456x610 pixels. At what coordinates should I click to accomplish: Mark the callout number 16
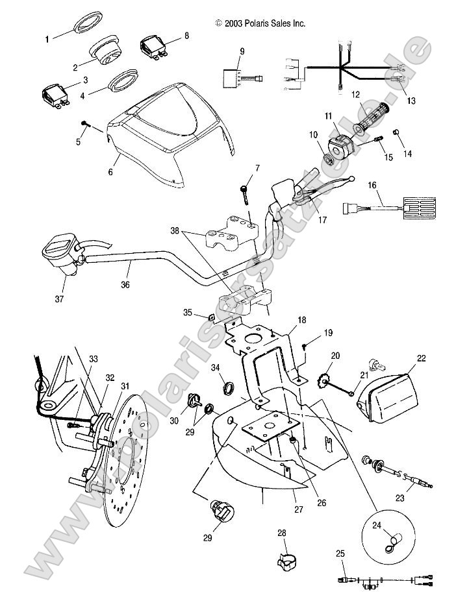click(372, 185)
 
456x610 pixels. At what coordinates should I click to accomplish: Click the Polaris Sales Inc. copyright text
click(260, 23)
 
